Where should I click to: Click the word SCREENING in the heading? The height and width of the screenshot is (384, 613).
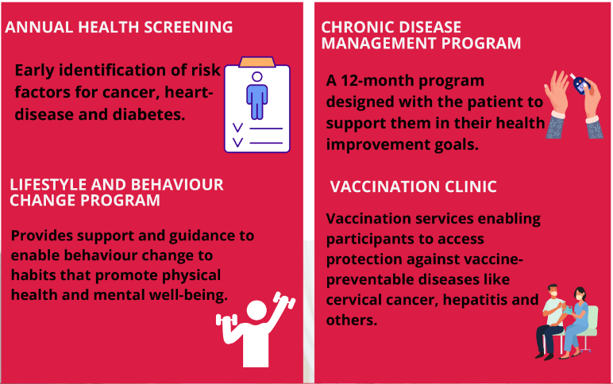click(188, 27)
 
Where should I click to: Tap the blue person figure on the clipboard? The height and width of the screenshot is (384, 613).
click(256, 96)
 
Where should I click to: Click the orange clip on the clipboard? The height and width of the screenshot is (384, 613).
click(256, 62)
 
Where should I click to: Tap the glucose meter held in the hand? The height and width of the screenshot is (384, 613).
click(580, 84)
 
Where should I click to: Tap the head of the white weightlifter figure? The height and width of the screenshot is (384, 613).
click(256, 309)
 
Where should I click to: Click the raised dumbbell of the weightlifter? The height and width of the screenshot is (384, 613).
click(284, 300)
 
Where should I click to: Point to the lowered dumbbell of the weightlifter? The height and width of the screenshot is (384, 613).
click(227, 321)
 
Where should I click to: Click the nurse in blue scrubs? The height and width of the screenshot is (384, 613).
click(575, 322)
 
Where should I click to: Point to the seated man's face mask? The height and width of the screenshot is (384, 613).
click(553, 294)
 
